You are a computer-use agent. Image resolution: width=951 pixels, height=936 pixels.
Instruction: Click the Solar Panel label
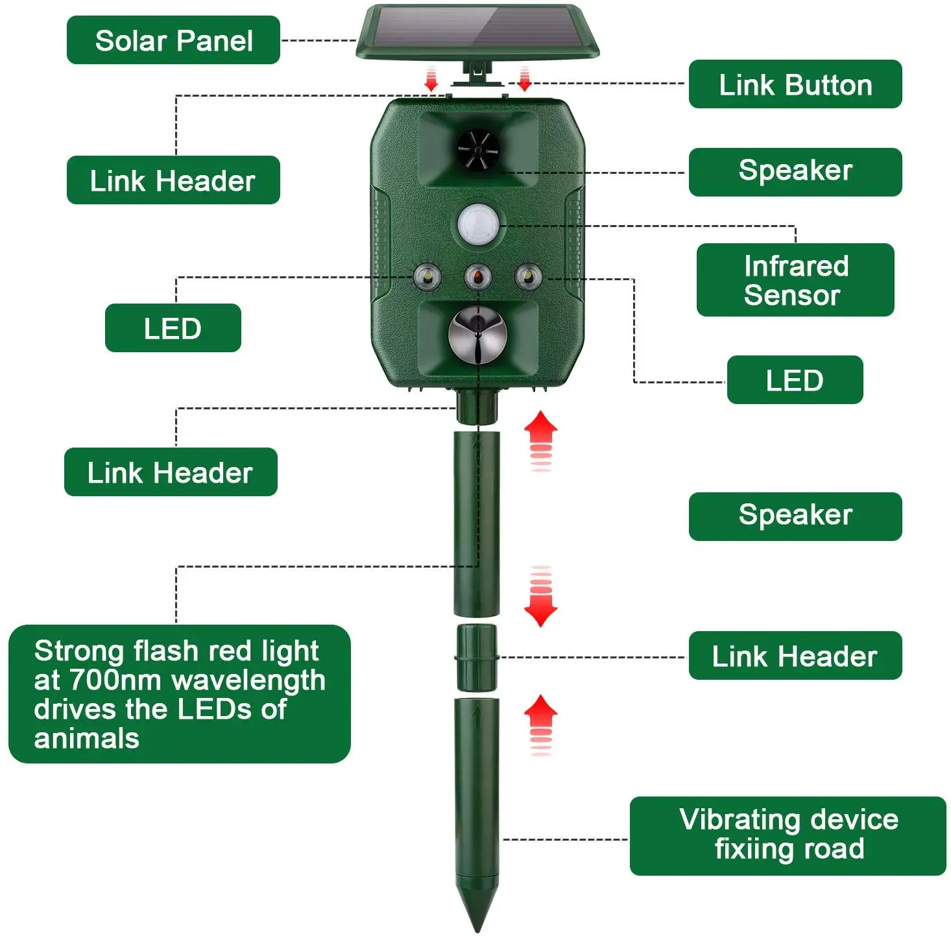coord(173,40)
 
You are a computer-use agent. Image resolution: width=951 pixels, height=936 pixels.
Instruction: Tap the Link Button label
coord(795,84)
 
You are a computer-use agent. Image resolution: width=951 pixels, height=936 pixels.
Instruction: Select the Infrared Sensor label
coord(795,280)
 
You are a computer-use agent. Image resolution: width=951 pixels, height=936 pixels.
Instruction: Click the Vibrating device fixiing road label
coord(788,835)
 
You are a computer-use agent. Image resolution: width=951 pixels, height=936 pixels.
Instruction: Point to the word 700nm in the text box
coord(117,680)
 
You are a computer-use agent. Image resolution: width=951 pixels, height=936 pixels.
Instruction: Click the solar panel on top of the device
coord(477,32)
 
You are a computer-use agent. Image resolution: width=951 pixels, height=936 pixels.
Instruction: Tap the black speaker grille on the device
coord(477,150)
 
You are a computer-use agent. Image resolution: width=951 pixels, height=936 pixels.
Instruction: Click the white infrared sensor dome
coord(478,224)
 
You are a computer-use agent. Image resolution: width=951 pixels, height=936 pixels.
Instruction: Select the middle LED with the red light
coord(478,277)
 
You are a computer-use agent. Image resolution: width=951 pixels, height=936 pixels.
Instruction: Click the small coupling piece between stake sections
coord(477,657)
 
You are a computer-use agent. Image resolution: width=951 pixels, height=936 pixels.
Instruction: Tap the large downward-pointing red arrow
coord(540,606)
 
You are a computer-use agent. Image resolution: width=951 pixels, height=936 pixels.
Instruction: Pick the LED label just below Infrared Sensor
coord(795,380)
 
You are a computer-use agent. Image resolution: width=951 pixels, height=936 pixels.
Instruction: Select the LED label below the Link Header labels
coord(173,328)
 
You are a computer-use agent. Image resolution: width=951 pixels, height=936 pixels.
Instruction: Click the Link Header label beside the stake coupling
coord(795,656)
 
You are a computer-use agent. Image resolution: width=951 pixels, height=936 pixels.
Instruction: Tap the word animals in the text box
coord(87,739)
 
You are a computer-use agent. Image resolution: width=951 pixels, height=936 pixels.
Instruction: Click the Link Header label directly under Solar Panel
coord(173,180)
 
